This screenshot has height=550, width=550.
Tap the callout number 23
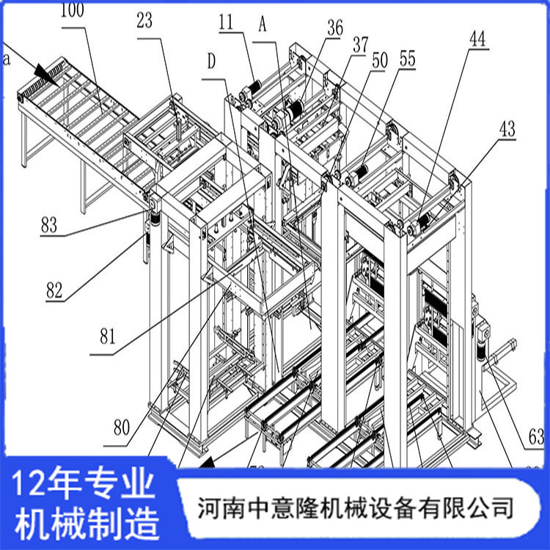[144, 21]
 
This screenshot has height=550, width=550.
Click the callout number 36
[335, 29]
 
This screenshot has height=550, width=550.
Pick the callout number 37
[360, 45]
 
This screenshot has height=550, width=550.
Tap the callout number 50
[379, 62]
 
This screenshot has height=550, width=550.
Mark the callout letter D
[212, 62]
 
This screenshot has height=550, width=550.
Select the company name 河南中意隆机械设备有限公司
[356, 507]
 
